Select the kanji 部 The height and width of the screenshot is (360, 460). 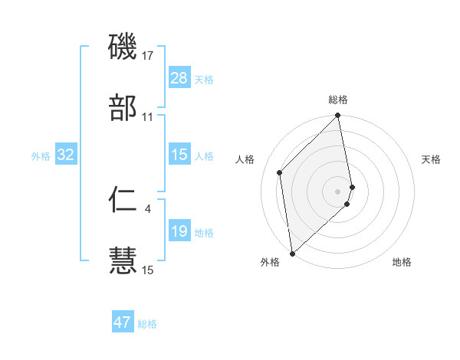123,108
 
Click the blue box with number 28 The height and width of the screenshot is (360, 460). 179,78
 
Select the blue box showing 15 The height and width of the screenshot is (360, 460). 179,155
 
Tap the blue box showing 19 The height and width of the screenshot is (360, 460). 179,231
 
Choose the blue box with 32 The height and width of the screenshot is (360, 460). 66,155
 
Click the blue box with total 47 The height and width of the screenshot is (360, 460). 123,322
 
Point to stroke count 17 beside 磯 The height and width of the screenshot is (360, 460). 148,55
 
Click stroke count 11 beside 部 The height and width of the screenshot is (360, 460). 148,116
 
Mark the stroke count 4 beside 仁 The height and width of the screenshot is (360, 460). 148,208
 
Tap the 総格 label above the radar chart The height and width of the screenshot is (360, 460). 338,100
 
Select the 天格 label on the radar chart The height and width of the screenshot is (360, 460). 431,159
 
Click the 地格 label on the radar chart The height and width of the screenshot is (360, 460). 402,262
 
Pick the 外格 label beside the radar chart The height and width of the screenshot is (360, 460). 270,262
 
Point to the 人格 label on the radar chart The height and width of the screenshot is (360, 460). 245,159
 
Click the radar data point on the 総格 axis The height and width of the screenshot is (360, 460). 338,116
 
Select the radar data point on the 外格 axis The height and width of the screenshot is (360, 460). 292,253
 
